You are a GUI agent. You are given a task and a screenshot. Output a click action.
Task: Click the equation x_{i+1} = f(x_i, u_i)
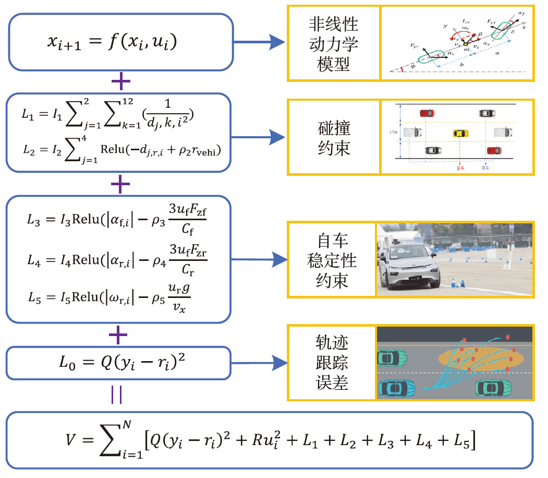click(112, 42)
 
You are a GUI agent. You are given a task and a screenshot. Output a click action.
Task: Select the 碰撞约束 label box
click(334, 137)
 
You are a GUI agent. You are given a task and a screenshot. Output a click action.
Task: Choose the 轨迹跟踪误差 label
click(332, 363)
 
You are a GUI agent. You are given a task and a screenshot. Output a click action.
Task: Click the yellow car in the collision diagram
click(459, 133)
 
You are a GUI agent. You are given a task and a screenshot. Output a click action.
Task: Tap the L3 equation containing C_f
click(120, 220)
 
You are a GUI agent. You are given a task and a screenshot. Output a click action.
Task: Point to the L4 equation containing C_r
click(120, 258)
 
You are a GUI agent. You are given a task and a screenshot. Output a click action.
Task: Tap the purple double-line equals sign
click(117, 395)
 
